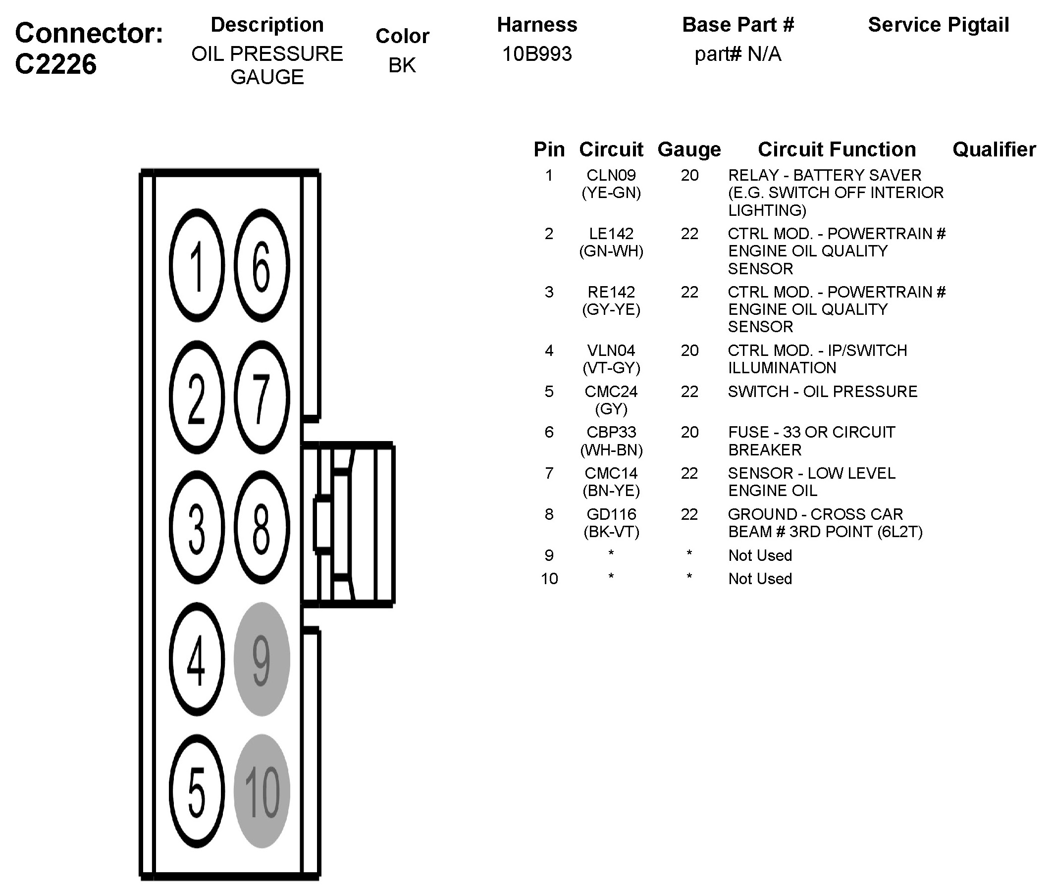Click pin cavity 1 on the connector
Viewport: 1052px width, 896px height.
[x=197, y=265]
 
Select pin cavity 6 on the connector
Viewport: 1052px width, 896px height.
[x=262, y=265]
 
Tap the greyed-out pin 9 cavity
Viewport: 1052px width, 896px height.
[x=262, y=659]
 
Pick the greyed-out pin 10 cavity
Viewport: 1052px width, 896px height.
[x=262, y=791]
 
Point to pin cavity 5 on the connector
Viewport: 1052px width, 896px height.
[x=197, y=791]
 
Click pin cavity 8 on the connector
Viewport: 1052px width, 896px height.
[x=262, y=528]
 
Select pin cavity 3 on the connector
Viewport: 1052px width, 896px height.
[x=197, y=528]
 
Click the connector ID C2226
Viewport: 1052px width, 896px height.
[x=56, y=64]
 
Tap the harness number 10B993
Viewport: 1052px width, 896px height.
[x=537, y=54]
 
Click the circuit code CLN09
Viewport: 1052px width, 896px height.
[x=611, y=175]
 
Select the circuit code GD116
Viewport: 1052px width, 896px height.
[x=611, y=514]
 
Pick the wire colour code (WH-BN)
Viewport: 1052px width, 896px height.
[x=611, y=450]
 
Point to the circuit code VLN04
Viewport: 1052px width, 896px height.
[x=611, y=350]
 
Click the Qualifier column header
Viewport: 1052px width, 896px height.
[x=994, y=149]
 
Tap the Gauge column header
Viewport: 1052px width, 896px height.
[x=689, y=149]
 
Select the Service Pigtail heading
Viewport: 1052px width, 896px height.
[x=938, y=25]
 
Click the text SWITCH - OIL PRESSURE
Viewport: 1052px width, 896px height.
[x=823, y=391]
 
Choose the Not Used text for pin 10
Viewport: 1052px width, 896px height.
[x=760, y=578]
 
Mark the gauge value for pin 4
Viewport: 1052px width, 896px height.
[x=689, y=350]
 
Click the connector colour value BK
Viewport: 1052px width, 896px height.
[x=402, y=65]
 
